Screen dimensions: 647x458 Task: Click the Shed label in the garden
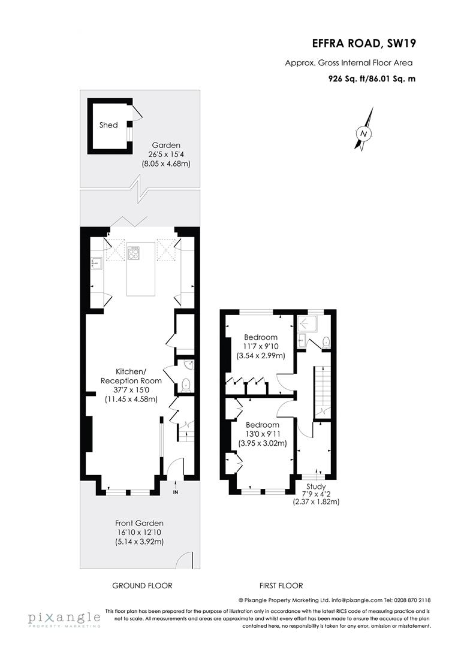click(x=109, y=125)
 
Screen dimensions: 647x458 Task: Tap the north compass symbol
click(x=364, y=132)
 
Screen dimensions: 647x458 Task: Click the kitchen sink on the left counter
click(x=95, y=261)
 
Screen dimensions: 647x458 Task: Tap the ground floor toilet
click(x=185, y=384)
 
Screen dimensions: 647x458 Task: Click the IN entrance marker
click(x=176, y=492)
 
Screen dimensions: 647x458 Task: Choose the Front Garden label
click(x=139, y=523)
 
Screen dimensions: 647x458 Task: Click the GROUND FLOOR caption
click(x=143, y=585)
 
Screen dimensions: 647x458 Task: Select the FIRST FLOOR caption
click(x=281, y=585)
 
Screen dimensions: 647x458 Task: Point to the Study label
click(x=316, y=486)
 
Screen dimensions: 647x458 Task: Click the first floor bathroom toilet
click(x=326, y=341)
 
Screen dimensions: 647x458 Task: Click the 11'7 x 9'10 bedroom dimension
click(x=260, y=346)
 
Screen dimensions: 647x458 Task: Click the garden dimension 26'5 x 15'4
click(x=165, y=154)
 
